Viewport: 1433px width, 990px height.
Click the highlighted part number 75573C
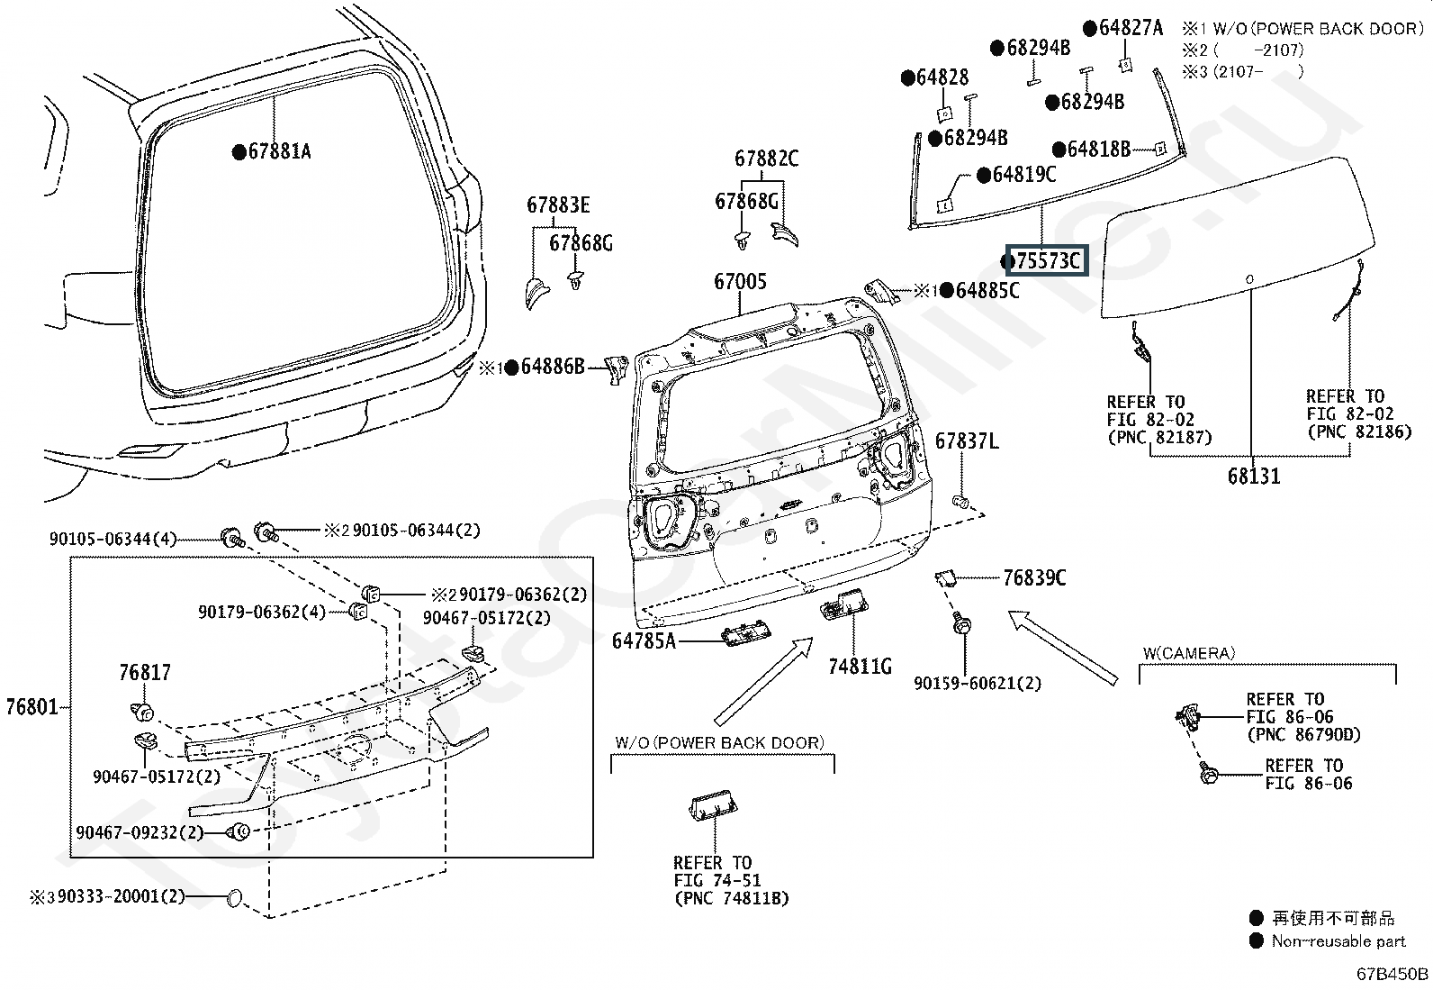[1047, 260]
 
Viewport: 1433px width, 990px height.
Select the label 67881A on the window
[280, 151]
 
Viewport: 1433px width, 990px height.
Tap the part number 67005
[740, 281]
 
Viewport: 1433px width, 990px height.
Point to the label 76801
[32, 707]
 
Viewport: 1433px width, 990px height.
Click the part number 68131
[1254, 477]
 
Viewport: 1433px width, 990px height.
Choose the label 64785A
[644, 641]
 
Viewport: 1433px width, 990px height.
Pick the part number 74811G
[860, 668]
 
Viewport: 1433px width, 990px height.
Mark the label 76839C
[1034, 578]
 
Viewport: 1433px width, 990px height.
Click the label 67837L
[967, 441]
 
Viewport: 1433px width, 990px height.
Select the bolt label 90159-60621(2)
[978, 683]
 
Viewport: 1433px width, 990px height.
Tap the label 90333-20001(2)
[121, 896]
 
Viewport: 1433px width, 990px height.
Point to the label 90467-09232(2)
[140, 832]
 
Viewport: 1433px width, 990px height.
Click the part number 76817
[145, 672]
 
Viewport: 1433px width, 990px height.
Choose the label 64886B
[553, 367]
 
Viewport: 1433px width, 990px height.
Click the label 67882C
[766, 159]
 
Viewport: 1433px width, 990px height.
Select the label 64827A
[1131, 28]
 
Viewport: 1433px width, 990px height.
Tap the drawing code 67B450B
[1392, 974]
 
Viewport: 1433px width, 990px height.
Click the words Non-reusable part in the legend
[1338, 941]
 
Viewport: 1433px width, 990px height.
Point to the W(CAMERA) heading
[1189, 653]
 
